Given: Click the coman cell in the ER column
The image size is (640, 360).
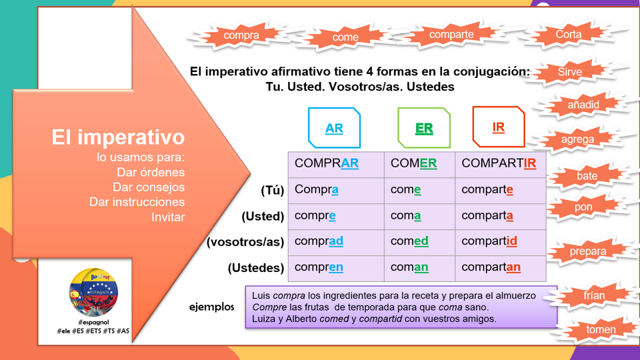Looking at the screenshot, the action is [419, 269].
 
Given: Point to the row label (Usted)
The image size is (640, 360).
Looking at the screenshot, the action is [263, 216].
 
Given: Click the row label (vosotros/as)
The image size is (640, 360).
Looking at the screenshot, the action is [245, 242].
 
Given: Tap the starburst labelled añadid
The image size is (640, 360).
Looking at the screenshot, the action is [583, 105].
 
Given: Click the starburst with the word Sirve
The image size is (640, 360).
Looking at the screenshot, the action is [570, 72].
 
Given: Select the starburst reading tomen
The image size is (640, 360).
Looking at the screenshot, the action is [601, 329].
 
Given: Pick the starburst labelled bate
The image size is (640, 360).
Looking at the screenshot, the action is [587, 176].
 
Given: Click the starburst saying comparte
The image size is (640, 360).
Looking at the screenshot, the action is [451, 34].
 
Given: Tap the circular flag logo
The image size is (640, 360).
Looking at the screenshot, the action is [93, 292].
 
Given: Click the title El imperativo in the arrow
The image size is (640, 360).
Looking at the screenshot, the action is [118, 137].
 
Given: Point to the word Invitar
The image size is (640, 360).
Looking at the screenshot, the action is [168, 217].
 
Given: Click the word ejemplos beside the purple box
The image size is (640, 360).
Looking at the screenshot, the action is [212, 307].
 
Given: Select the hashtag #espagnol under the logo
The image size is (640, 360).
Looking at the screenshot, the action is [93, 322].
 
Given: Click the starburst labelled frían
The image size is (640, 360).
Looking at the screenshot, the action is [594, 295].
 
